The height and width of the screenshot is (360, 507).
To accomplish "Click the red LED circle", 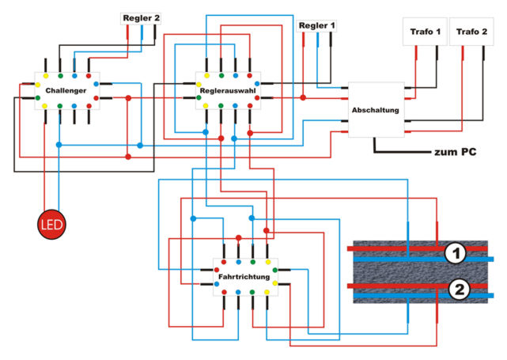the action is click(51, 225).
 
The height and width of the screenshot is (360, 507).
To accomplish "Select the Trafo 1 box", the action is click(425, 32).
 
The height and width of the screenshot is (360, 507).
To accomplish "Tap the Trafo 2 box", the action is click(471, 32).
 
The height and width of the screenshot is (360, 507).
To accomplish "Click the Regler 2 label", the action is click(142, 18).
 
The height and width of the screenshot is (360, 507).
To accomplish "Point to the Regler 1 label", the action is click(316, 25).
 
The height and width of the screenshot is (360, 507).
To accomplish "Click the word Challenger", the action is click(66, 90).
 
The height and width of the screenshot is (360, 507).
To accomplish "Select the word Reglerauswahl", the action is click(228, 90).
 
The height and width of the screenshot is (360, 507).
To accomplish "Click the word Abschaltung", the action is click(375, 110).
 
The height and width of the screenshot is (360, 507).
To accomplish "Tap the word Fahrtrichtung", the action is click(244, 277).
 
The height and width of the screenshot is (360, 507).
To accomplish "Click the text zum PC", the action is click(456, 152).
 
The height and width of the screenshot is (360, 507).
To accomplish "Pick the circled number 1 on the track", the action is click(456, 253).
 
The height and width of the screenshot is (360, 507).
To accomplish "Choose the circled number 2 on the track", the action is click(459, 289).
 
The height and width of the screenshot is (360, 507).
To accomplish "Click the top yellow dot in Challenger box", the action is click(46, 76).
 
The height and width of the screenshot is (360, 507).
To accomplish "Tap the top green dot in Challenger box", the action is click(60, 76).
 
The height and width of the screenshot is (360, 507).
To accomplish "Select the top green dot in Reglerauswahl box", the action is click(221, 76).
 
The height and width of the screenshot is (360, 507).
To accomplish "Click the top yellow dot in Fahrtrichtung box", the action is click(267, 262).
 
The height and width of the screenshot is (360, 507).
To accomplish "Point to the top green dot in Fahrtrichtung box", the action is click(253, 262).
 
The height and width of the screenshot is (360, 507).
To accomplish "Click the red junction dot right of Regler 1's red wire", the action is click(303, 97).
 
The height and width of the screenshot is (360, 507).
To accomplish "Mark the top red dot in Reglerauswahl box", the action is click(249, 76).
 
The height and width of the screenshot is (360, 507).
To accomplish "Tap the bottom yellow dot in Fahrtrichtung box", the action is click(267, 293).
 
